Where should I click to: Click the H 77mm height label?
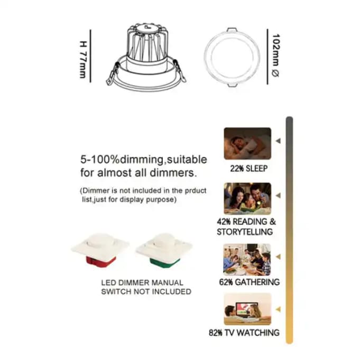click(83, 60)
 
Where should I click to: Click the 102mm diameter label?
click(276, 56)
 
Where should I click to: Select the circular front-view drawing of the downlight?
click(232, 57)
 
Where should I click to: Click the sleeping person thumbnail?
click(247, 143)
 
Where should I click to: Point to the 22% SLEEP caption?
click(249, 169)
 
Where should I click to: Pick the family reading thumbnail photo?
click(247, 199)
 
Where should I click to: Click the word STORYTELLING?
click(245, 232)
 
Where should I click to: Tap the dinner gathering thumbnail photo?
click(247, 260)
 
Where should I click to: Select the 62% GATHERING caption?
click(250, 282)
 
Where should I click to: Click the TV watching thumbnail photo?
click(247, 309)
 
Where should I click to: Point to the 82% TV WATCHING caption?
click(244, 333)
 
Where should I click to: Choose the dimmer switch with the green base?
click(164, 251)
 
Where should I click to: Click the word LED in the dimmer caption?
click(108, 283)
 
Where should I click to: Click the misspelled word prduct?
click(196, 191)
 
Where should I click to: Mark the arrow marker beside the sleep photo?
click(278, 141)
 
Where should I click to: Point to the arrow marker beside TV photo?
click(278, 309)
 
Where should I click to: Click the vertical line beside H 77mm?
click(90, 56)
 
